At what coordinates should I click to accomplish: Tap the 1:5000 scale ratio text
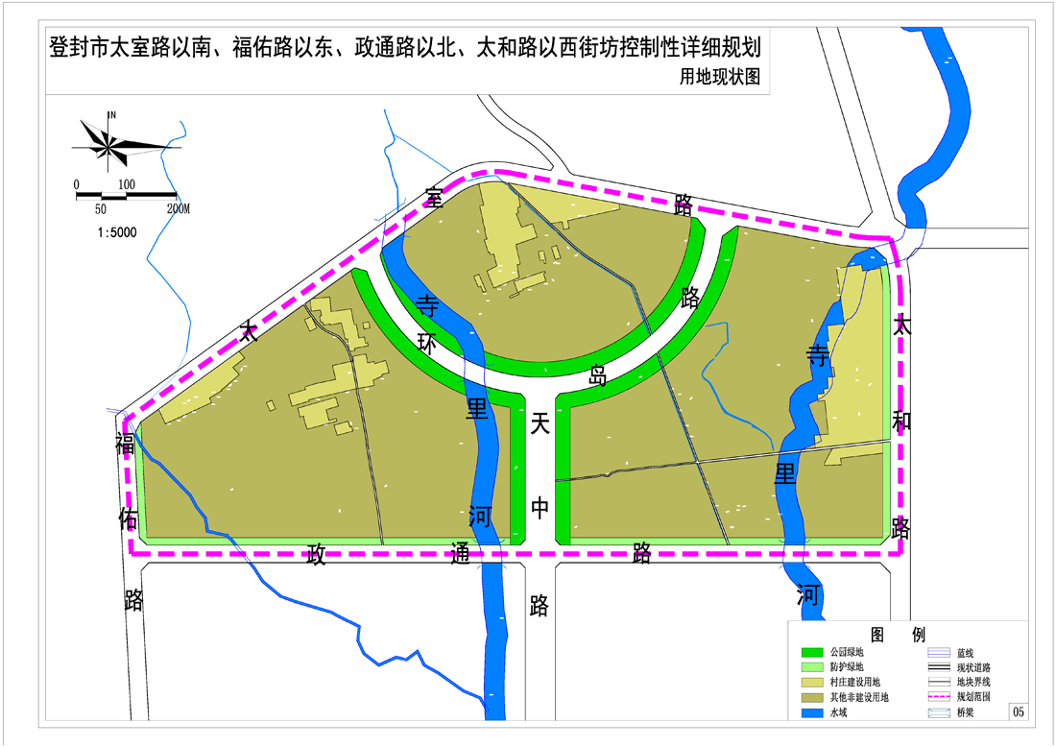118,231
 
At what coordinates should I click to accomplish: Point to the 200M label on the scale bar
179,207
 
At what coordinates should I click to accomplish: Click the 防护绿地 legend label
846,667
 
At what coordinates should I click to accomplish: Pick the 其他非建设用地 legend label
858,698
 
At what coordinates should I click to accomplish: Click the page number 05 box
1019,711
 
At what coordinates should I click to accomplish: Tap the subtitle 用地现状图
719,78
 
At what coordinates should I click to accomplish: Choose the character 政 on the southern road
315,554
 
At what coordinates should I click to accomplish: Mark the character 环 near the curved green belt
429,344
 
